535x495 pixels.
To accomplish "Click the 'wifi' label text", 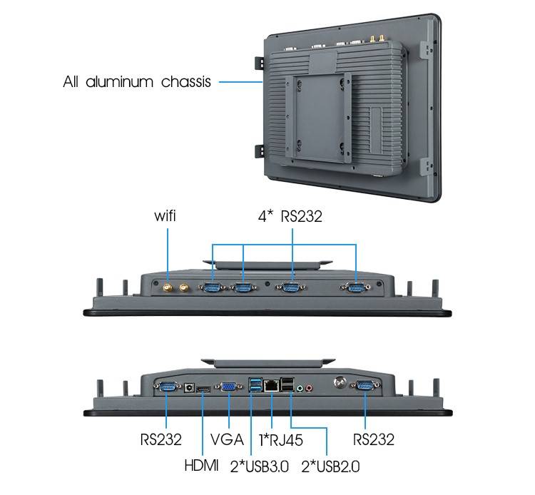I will tap(165, 216).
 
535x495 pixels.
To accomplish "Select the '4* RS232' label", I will tap(290, 216).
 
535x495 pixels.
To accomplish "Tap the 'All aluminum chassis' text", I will tap(137, 82).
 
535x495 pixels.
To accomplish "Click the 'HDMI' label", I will tap(202, 466).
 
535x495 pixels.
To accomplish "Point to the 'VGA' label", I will tap(228, 439).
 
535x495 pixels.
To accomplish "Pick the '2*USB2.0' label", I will tap(330, 466).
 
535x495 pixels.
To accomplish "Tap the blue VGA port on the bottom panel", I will tap(229, 387).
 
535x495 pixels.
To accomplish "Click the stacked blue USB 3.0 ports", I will tap(255, 386).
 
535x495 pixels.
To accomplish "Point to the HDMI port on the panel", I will tap(203, 389).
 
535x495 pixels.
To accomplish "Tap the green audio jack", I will tap(301, 389).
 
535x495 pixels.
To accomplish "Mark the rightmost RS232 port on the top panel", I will tap(355, 287).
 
